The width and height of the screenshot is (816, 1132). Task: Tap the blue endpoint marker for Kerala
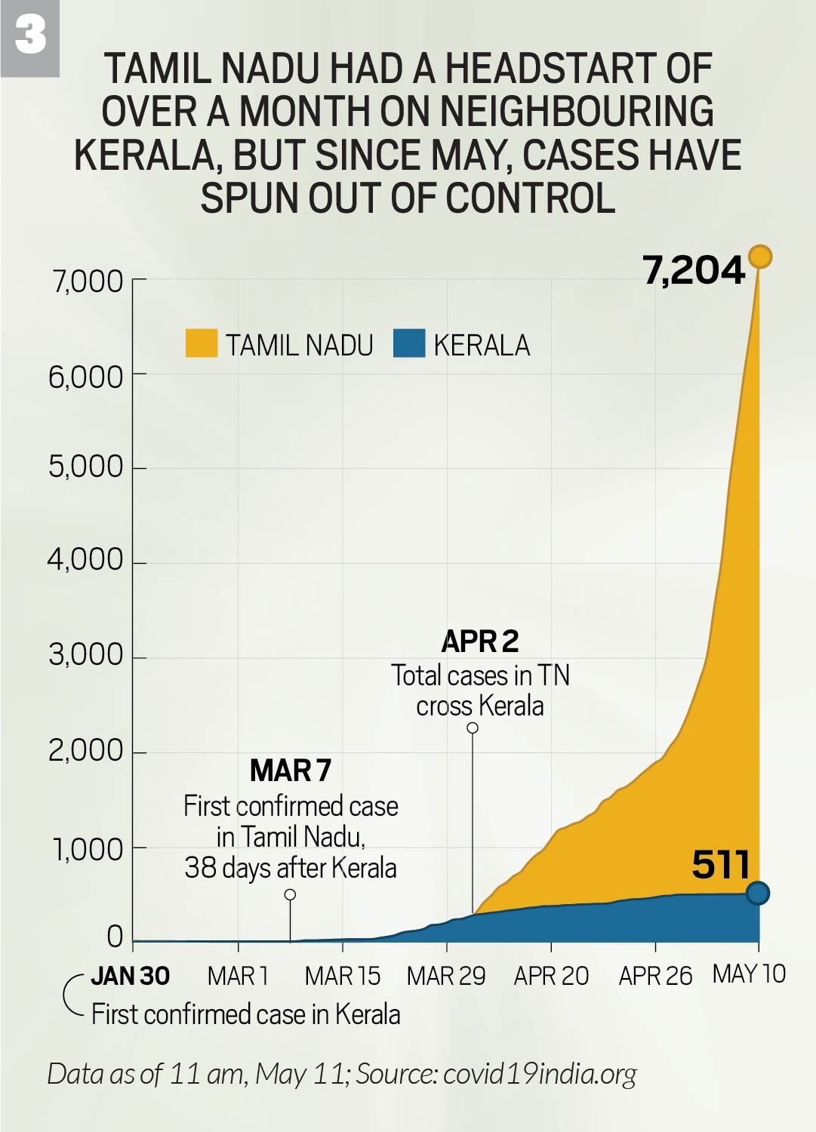[x=758, y=894]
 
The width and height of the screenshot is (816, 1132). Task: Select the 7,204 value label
[x=694, y=270]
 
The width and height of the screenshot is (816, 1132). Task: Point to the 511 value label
[x=720, y=865]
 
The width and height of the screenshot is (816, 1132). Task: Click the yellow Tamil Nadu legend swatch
[x=202, y=343]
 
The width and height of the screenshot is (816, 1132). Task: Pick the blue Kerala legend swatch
[x=409, y=343]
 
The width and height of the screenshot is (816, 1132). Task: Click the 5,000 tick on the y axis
[x=86, y=466]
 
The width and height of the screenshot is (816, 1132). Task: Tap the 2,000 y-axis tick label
[x=86, y=751]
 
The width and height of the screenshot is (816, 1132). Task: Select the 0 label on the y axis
[x=115, y=937]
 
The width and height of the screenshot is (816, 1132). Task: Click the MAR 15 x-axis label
[x=342, y=976]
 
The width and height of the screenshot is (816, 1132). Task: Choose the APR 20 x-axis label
[x=551, y=976]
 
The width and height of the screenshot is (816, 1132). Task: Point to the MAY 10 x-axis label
[x=749, y=974]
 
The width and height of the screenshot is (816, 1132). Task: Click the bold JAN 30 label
[x=130, y=976]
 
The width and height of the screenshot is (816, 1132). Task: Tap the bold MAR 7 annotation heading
[x=291, y=771]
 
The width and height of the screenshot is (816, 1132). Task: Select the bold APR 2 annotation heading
[x=480, y=641]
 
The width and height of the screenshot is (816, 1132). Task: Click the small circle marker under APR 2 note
[x=473, y=728]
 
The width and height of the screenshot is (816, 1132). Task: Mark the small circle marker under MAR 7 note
[x=290, y=895]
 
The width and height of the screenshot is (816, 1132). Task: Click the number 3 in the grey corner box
[x=30, y=36]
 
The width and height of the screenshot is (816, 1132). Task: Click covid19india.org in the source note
[x=540, y=1073]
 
